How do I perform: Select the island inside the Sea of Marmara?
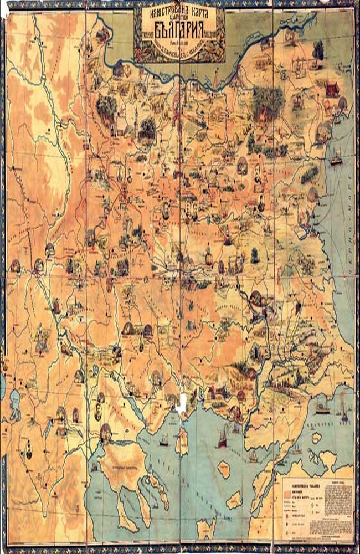coord(316,438)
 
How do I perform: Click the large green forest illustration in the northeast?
coord(266,100)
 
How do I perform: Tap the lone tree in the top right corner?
coord(317,49)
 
